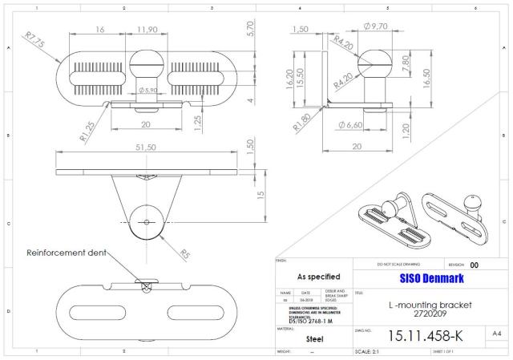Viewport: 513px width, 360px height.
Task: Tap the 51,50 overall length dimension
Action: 146,148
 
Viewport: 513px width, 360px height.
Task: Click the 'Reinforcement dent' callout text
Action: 67,253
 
